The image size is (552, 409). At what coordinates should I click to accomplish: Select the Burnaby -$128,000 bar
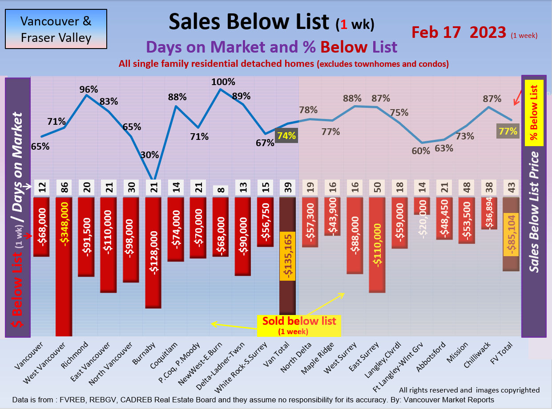pyautogui.click(x=153, y=252)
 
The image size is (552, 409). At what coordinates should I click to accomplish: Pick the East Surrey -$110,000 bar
pyautogui.click(x=377, y=245)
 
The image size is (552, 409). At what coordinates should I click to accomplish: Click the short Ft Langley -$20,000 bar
pyautogui.click(x=422, y=206)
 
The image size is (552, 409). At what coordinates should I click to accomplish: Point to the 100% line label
pyautogui.click(x=223, y=82)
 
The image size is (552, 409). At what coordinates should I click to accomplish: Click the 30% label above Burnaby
pyautogui.click(x=149, y=155)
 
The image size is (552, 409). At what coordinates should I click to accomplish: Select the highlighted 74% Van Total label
pyautogui.click(x=286, y=135)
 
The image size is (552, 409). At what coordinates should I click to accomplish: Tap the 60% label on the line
pyautogui.click(x=421, y=151)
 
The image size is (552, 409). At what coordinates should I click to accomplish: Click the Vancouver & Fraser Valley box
pyautogui.click(x=56, y=29)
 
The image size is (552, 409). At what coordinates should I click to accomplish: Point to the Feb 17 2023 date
pyautogui.click(x=459, y=32)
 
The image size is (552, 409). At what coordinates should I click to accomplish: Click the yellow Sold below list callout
pyautogui.click(x=299, y=325)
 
